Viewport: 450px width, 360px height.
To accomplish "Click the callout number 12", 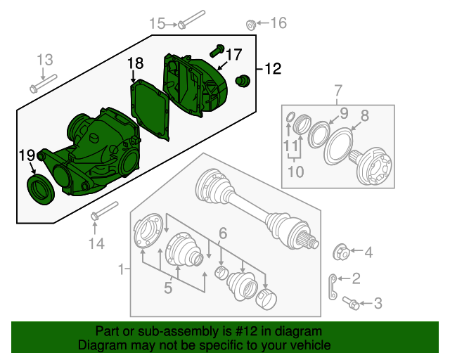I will point(272,69).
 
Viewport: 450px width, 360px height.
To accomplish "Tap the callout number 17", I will point(233,54).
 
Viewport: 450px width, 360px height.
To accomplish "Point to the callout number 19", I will point(27,155).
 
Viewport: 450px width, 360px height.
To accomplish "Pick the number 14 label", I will point(96,244).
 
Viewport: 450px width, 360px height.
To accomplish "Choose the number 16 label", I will point(278,23).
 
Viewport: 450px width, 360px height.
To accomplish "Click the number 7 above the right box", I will point(338,90).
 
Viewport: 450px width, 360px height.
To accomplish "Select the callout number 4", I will point(368,252).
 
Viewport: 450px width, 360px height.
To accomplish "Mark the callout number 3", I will point(378,304).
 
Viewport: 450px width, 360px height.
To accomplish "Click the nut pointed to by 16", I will point(250,26).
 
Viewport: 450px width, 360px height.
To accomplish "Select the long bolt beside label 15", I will point(192,19).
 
